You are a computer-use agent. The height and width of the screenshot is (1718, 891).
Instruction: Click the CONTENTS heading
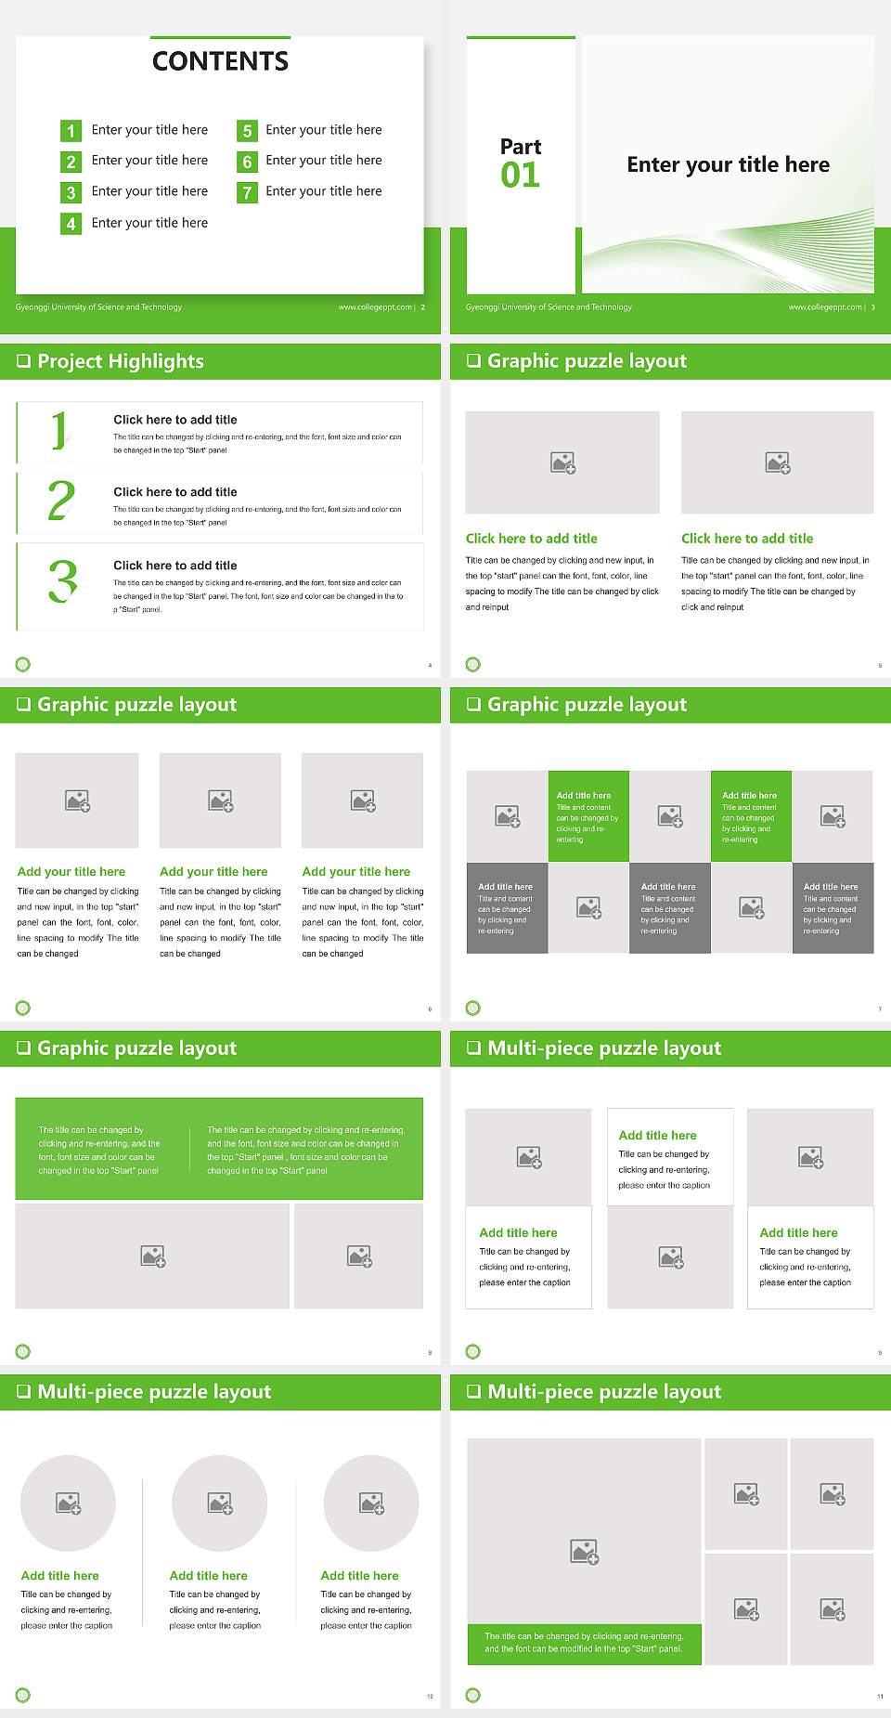point(220,61)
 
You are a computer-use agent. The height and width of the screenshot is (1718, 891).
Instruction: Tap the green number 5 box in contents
point(247,131)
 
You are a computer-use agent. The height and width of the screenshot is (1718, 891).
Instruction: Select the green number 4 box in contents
point(71,224)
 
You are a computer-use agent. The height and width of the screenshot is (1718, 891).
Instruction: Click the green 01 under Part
point(520,176)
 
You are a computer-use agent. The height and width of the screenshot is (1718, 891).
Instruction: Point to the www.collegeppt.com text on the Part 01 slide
point(824,307)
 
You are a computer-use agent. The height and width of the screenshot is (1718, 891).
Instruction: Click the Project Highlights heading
point(120,361)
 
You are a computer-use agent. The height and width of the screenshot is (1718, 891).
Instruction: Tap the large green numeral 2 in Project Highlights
point(61,501)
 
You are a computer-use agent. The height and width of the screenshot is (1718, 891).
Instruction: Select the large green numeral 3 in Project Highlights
point(63,582)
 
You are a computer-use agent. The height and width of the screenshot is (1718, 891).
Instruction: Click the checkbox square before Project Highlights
point(24,361)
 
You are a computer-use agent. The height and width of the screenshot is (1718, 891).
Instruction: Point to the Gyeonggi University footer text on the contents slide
point(98,307)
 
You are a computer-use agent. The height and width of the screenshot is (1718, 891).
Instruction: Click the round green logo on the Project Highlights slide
point(23,664)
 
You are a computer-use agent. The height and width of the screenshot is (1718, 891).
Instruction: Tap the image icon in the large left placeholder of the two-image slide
point(153,1256)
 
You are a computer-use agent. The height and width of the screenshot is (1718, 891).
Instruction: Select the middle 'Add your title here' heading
point(213,872)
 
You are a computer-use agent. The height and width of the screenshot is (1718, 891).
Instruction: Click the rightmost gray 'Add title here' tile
point(833,907)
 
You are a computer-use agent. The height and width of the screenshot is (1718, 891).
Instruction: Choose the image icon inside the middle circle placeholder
point(220,1503)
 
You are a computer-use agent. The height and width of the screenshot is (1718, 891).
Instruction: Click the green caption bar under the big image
point(584,1643)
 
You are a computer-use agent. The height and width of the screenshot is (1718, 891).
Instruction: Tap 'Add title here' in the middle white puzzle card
point(657,1136)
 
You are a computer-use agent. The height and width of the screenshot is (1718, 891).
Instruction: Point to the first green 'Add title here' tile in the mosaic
point(588,815)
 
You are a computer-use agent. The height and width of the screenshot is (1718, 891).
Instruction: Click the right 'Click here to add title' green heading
point(747,539)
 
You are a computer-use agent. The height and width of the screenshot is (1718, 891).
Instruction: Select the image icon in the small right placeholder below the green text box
point(359,1256)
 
